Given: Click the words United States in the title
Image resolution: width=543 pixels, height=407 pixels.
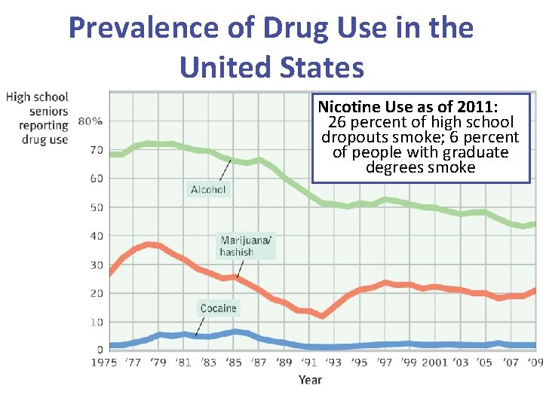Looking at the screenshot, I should coord(271,66).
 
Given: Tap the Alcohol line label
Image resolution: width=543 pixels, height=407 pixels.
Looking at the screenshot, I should coord(208,189).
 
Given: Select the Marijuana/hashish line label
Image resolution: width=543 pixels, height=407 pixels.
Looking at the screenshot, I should coord(247,246).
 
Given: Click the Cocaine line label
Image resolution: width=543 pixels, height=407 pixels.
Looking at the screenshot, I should coord(218,308).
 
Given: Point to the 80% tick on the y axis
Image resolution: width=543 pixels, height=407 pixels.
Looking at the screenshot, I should coord(90,121).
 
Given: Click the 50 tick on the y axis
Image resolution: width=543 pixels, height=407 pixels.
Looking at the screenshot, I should coord(97,207).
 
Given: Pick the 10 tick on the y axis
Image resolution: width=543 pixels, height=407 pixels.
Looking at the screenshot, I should coord(97,322).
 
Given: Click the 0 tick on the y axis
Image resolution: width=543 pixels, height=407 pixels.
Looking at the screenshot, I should coord(100,350).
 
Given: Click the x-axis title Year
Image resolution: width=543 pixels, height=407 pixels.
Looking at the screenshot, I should coord(310,379).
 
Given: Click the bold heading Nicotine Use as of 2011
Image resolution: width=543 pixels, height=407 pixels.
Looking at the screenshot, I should coord(413,107).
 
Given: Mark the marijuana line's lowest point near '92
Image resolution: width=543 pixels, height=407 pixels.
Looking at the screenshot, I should coord(322,316).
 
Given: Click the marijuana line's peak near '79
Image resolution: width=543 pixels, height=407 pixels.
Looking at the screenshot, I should coord(149,244).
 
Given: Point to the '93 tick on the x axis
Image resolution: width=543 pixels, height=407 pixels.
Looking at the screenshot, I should coord(334,363).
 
